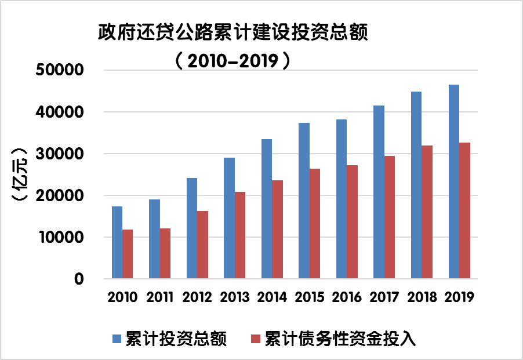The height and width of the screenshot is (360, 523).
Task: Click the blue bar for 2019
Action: [454, 182]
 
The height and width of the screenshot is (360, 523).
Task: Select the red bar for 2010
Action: [128, 254]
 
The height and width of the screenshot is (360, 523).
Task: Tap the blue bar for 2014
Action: [267, 209]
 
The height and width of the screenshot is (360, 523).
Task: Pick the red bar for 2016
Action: [352, 222]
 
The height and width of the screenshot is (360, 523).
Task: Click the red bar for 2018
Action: [427, 212]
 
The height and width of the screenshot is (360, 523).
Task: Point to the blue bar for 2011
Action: [154, 239]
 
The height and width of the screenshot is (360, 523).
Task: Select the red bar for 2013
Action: [240, 235]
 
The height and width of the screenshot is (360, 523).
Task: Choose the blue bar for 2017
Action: [379, 192]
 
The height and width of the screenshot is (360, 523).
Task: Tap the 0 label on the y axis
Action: [79, 279]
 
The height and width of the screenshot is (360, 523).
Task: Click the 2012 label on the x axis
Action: [197, 297]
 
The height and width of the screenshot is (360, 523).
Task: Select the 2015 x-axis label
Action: [310, 297]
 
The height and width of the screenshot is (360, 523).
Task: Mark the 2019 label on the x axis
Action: [460, 297]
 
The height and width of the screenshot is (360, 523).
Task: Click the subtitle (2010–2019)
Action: [233, 60]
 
